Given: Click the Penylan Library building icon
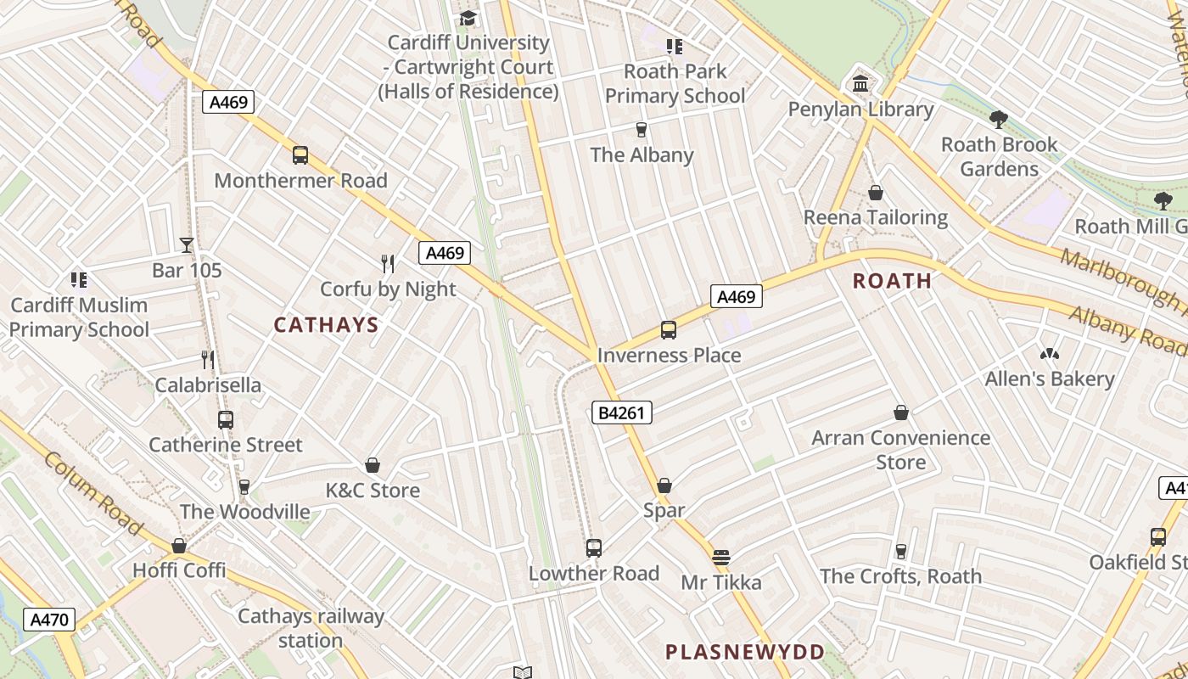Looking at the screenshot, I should click(860, 84).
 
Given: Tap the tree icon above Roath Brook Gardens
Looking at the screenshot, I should click(999, 119).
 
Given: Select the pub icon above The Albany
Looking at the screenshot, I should click(641, 130).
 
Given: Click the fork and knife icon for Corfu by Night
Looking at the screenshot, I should click(388, 263).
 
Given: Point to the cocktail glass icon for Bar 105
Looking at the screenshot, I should click(187, 245).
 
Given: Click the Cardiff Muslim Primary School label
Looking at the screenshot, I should click(79, 317).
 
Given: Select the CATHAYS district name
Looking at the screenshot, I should click(326, 325).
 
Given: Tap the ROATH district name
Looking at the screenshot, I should click(892, 281).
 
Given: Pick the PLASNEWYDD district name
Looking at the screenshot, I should click(744, 652).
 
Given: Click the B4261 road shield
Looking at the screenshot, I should click(621, 413).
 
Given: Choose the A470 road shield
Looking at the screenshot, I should click(48, 620).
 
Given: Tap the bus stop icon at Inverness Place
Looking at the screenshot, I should click(669, 329).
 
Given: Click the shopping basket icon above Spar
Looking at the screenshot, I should click(664, 485).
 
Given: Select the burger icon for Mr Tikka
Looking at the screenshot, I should click(721, 558).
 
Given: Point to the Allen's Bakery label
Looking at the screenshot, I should click(1049, 379).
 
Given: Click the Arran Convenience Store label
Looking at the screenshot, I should click(900, 450).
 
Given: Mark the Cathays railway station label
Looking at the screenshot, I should click(311, 628).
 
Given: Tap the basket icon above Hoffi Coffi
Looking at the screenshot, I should click(179, 545).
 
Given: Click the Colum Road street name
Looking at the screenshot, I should click(92, 494).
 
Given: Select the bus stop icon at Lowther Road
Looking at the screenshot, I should click(594, 548).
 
